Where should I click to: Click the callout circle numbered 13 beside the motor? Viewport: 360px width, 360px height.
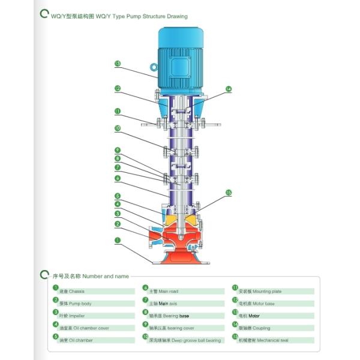pos(118,63)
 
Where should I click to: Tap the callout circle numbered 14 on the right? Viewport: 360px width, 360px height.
pos(229,89)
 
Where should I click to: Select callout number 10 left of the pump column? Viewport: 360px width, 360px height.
pos(118,128)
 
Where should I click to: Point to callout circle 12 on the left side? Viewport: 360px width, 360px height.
pos(118,88)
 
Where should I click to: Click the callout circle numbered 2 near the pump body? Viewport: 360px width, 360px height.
pos(118,224)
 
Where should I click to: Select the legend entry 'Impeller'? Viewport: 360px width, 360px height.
pos(73,316)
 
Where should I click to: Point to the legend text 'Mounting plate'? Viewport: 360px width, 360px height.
pos(260,291)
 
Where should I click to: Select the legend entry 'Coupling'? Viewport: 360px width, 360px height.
pos(254,328)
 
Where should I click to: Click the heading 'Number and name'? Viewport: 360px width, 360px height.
pos(105,276)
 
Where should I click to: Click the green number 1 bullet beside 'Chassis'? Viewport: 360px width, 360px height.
pos(55,290)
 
